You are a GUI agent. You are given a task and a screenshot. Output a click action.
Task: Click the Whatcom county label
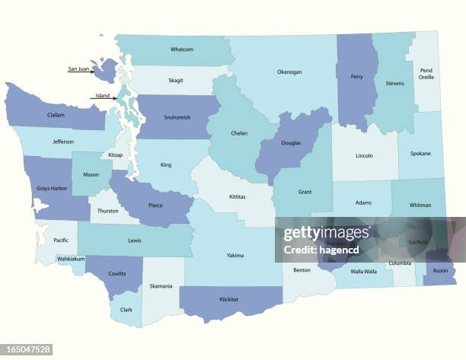(182, 49)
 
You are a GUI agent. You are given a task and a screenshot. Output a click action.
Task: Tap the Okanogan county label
(289, 72)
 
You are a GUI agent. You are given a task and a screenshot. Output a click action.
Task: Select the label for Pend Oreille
(426, 74)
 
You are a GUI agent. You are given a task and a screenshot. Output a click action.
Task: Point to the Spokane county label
(420, 153)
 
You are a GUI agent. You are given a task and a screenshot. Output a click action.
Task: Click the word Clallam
(56, 115)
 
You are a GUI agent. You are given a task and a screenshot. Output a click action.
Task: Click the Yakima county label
(235, 255)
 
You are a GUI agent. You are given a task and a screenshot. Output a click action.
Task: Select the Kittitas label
(238, 196)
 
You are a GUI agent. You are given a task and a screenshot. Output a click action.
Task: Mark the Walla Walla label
(363, 272)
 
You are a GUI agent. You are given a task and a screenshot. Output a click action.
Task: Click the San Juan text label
(78, 69)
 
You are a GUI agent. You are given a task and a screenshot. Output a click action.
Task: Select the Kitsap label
(116, 155)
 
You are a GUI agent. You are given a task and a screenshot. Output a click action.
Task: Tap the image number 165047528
(27, 350)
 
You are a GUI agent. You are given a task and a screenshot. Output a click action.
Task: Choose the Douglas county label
(290, 143)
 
